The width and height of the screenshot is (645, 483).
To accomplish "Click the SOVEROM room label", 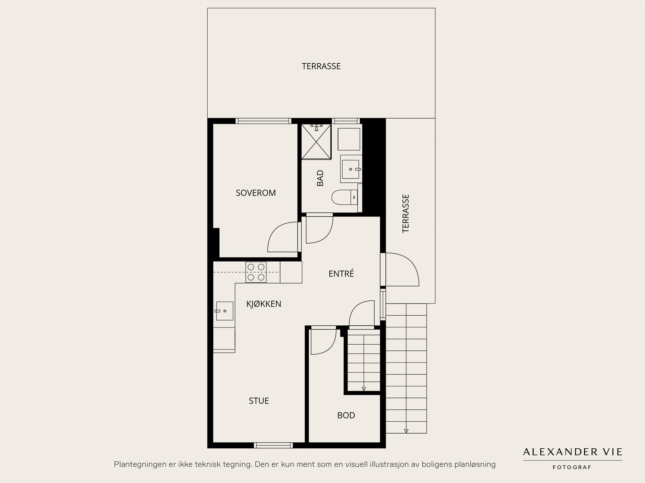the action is coord(256,193).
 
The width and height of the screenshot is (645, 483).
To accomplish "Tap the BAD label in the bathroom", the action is coord(320,178).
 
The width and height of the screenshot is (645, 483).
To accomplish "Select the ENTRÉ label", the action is coord(341,273).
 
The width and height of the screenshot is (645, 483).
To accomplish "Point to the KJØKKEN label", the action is coord(264,304).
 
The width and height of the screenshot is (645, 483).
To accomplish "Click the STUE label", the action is coord(258,401).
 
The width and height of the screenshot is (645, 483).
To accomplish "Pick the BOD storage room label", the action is coord(346,415).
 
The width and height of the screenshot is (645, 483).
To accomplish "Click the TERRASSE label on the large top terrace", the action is coord(321,67).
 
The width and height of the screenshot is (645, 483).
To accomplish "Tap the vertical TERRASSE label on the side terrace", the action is coord(406,214).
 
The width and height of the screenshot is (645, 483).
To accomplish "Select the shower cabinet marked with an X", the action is coord(316,142).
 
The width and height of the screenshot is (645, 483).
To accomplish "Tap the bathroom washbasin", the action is coord(351,169).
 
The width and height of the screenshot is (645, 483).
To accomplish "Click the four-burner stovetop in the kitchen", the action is coord(256,272).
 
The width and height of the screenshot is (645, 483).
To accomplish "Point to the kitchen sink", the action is coord(225,311).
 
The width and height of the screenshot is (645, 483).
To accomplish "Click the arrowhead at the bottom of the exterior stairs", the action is coord(406,431).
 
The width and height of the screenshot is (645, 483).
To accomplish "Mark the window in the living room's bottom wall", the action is coord(273,446).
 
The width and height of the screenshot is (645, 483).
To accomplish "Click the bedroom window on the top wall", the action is coord(263,121).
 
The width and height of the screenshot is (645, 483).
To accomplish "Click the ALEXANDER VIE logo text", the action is coord(572,452).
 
